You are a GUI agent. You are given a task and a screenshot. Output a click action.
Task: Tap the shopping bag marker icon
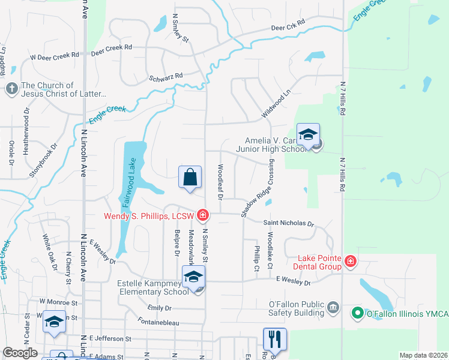point(190,178)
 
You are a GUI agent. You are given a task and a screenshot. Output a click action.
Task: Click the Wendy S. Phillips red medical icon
point(203,215)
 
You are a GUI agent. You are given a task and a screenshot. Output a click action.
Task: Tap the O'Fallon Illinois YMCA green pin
point(357,313)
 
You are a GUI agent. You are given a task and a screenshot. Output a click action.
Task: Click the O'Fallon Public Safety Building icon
point(334,308)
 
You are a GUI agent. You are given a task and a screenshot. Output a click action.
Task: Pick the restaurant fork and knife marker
point(274,340)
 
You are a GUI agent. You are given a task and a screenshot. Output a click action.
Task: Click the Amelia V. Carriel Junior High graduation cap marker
point(308,135)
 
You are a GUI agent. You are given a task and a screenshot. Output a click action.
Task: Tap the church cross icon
point(11,89)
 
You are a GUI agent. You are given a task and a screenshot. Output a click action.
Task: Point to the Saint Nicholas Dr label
point(289,223)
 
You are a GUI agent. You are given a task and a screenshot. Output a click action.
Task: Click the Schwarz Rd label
point(166,77)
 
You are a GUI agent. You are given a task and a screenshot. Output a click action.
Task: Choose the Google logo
point(20,353)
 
